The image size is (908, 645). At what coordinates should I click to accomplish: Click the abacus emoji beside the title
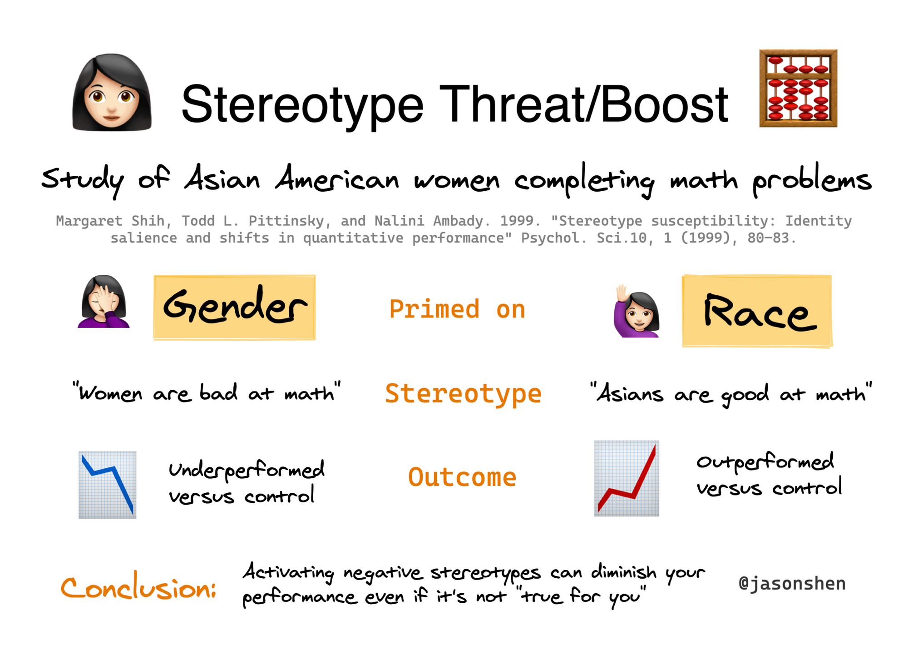coord(798,88)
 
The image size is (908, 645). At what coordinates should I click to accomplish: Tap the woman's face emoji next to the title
coord(112,92)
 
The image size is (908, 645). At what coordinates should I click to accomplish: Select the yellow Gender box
coord(234,307)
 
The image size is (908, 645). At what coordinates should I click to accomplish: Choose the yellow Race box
coord(757,311)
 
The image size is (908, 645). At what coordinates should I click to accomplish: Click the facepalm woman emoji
coord(104,301)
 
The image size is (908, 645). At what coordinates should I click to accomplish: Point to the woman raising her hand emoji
coord(637,311)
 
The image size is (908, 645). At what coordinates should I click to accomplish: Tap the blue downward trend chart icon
coord(108,485)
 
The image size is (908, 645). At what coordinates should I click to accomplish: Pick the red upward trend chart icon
coord(627,478)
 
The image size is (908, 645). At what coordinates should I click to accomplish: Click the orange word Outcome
coord(462,477)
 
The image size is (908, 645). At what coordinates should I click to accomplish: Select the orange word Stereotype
coord(463,394)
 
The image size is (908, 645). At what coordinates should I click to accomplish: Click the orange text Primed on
coord(457,309)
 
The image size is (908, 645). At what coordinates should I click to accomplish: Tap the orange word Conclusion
coord(138,588)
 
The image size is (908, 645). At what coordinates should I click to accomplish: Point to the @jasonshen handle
coord(792,584)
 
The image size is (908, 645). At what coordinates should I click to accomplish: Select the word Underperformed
coord(247,470)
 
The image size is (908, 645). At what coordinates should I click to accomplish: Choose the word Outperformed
coord(765,461)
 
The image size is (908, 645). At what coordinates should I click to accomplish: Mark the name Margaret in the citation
coord(89,221)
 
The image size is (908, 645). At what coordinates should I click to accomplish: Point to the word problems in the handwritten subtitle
coord(812,180)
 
